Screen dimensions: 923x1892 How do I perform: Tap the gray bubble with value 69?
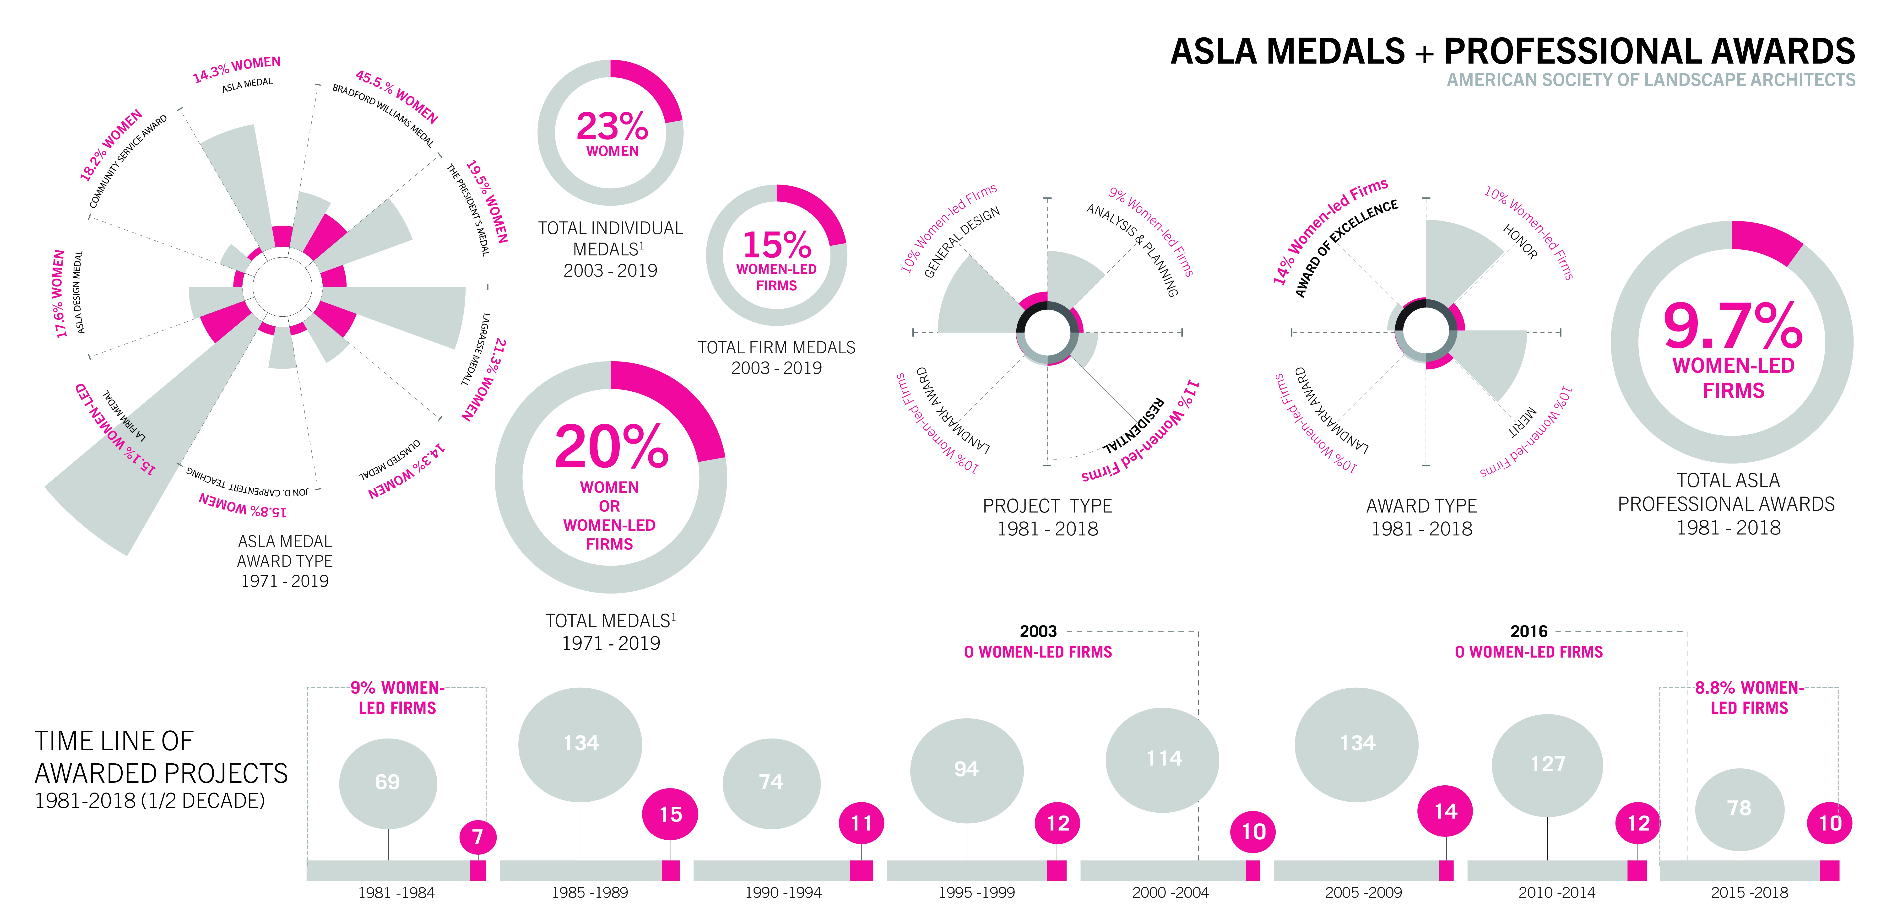click(388, 783)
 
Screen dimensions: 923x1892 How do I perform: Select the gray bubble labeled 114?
click(1163, 759)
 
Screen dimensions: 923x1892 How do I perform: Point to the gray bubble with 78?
click(1739, 809)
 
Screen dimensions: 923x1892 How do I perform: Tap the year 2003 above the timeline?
click(1038, 632)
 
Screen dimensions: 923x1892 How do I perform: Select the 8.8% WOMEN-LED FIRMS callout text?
click(1749, 698)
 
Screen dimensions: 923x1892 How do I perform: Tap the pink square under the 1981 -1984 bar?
click(478, 871)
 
